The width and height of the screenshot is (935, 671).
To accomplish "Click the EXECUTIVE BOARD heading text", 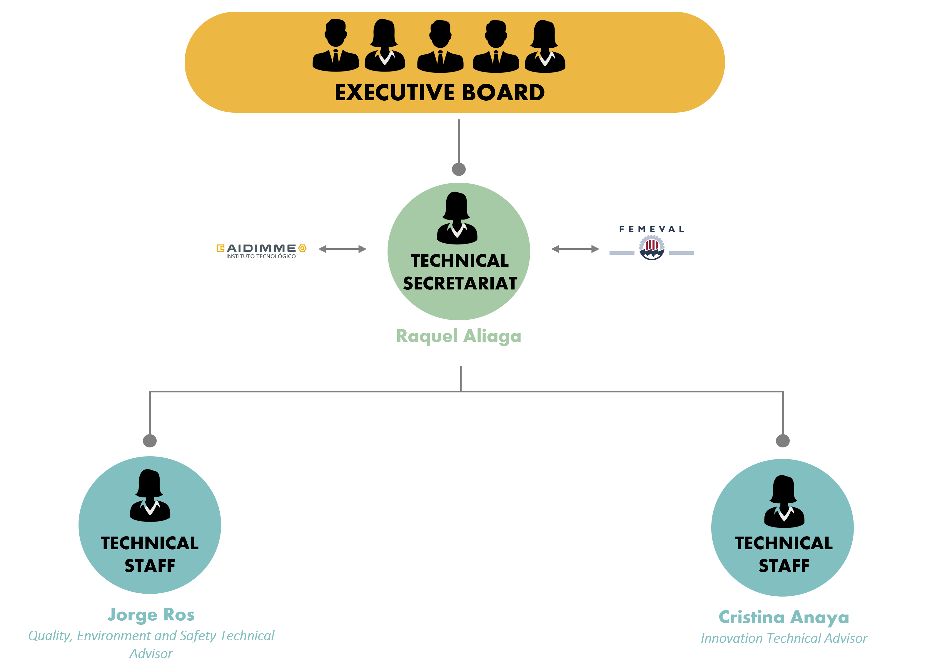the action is coord(440,92).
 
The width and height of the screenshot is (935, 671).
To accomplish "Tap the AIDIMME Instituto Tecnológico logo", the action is coord(261,251).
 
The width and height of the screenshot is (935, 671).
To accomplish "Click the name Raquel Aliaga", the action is coord(459,337).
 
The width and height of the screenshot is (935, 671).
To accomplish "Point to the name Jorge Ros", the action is coord(151,615).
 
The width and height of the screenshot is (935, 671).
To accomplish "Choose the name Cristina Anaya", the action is coord(784,617).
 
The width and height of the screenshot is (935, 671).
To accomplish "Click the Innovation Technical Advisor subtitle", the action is coord(784,638).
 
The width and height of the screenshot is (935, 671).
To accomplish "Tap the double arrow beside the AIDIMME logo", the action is coord(342,249).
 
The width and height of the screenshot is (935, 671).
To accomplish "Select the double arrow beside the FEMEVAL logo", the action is coord(575,249).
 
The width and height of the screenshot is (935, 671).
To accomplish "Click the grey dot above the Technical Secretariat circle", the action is coord(459,169).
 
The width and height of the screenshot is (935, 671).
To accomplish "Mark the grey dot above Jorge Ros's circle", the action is coord(150,440).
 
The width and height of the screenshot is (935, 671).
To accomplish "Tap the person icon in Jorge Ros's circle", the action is coord(150,495).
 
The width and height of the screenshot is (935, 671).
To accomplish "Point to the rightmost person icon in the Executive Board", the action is coord(545,46).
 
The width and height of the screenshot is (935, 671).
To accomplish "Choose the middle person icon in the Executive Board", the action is coord(440,46).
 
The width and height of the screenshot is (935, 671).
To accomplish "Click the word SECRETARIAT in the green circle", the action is coord(460,283).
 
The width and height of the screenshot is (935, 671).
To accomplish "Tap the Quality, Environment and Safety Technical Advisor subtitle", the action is coord(151,645).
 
